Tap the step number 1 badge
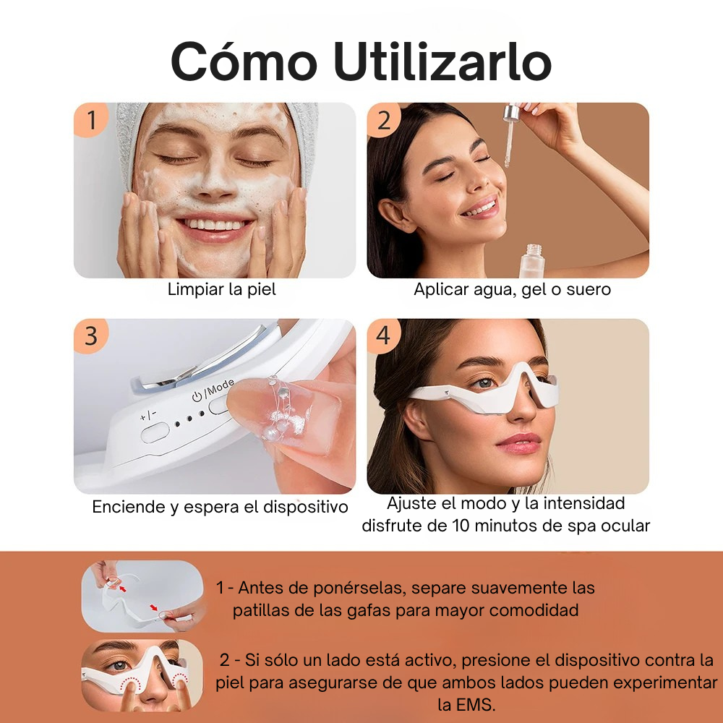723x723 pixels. (x=91, y=120)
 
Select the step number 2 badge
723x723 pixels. (x=384, y=120)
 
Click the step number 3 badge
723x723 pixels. (x=91, y=336)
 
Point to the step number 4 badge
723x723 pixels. (x=384, y=336)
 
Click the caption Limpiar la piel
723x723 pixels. (x=222, y=289)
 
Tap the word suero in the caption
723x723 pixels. (x=586, y=289)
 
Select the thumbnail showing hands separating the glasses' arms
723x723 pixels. (x=142, y=595)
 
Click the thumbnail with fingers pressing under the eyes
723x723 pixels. (x=142, y=675)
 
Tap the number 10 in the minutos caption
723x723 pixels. (x=463, y=525)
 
